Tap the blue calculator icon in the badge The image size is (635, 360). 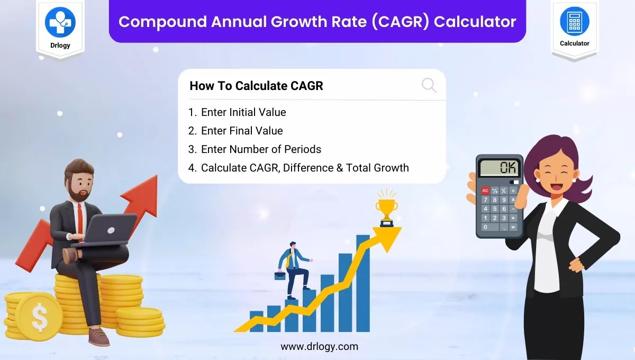[574, 22]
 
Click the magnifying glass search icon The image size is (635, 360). [429, 85]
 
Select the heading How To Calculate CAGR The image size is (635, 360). [256, 86]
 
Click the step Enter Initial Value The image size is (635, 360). [243, 112]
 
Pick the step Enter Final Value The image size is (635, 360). [242, 131]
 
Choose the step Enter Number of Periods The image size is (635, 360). [261, 149]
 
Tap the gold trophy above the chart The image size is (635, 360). [386, 208]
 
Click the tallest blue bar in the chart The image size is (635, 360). [363, 286]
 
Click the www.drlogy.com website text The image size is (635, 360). [319, 347]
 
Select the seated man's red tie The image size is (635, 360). [79, 217]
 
